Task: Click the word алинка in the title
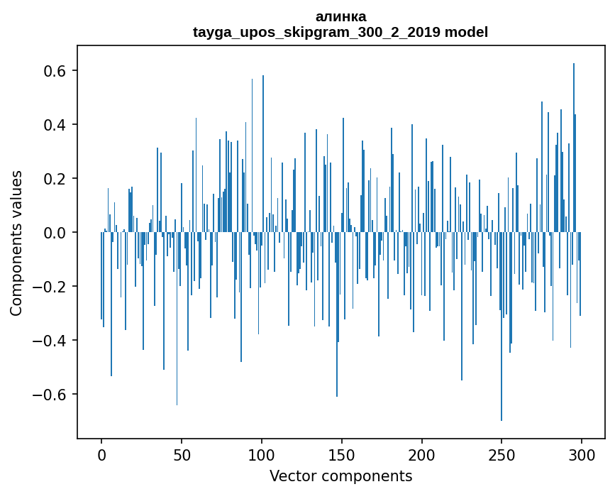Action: (340, 16)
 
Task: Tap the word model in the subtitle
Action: (466, 32)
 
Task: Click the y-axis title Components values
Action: (16, 243)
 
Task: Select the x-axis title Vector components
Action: (340, 476)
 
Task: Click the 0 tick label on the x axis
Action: (101, 454)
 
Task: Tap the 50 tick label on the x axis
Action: (182, 454)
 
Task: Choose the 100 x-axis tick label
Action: (262, 454)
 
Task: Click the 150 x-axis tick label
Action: (342, 454)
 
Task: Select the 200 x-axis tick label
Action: (422, 454)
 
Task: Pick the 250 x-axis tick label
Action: (502, 454)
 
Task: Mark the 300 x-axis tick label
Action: (582, 454)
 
